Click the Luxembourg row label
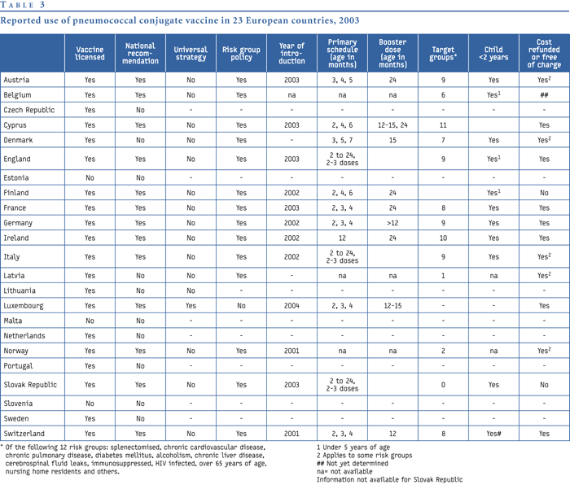coord(24,306)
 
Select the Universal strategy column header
coord(191,54)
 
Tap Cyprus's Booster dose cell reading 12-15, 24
coord(392,125)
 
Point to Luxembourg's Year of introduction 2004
coord(292,306)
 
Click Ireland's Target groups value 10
coord(443,238)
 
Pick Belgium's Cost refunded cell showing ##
coord(544,95)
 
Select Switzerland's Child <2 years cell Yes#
coord(493,434)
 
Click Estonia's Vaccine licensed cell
coord(90,177)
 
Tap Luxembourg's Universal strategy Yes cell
coord(191,306)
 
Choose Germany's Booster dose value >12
coord(392,223)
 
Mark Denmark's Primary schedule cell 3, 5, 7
coord(342,140)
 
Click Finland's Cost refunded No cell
coord(544,193)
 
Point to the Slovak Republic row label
coord(30,385)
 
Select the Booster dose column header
coord(392,54)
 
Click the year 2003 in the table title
coord(349,20)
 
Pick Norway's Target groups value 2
coord(443,351)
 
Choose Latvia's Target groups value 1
coord(443,276)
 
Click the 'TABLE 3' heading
coord(23,5)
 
